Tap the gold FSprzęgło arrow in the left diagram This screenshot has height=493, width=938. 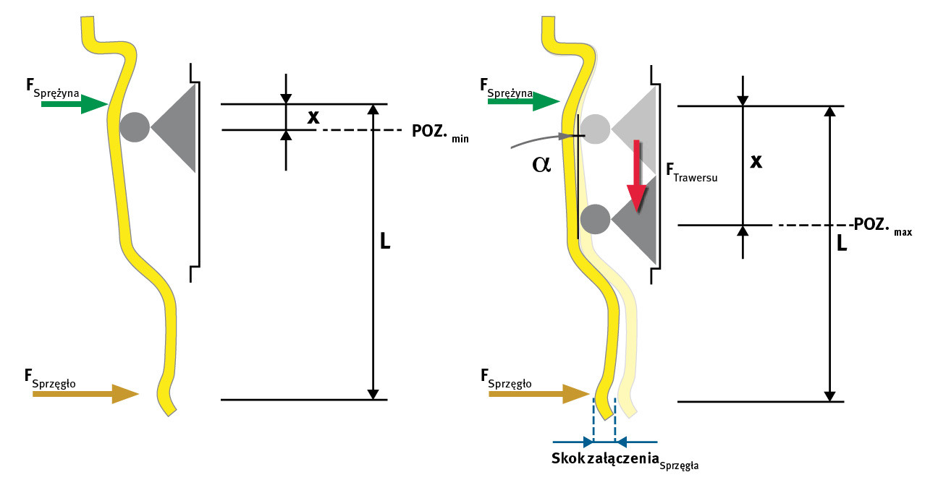(x=85, y=394)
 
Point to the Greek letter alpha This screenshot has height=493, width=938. (x=541, y=164)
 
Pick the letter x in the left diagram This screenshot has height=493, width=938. (x=313, y=116)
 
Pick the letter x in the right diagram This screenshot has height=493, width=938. (x=757, y=161)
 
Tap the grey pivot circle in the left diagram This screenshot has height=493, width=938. (x=135, y=127)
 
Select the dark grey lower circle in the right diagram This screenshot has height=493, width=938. (x=595, y=218)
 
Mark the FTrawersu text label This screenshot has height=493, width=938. (x=691, y=173)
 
